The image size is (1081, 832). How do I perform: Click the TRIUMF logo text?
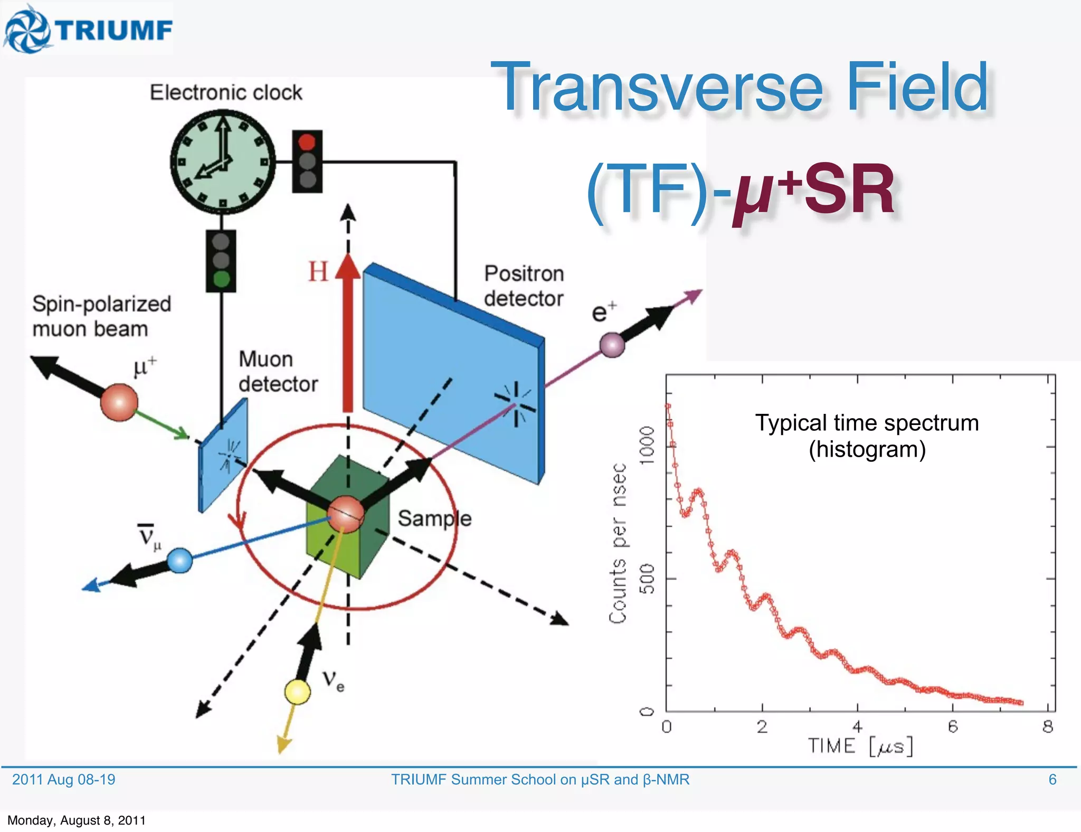pos(115,30)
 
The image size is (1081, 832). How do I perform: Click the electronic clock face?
pos(222,162)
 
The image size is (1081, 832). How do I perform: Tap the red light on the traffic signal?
pos(307,142)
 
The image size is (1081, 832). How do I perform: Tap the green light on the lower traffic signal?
pos(221,279)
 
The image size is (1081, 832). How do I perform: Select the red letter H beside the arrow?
pos(318,272)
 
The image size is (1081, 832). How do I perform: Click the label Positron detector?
pos(524,286)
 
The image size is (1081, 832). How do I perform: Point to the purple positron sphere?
pos(612,345)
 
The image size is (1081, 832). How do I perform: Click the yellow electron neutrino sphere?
pos(297,692)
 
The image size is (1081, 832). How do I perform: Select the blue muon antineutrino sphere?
pos(179,561)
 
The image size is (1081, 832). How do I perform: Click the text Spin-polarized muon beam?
pos(101,316)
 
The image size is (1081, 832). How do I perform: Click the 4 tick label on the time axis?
pos(857,727)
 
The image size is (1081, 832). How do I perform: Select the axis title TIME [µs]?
pos(860,746)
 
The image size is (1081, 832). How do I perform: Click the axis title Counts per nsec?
pos(618,544)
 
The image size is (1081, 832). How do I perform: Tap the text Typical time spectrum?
pos(867,423)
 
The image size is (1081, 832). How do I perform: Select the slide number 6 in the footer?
pos(1052,780)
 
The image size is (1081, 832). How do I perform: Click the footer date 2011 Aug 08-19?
pos(63,780)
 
